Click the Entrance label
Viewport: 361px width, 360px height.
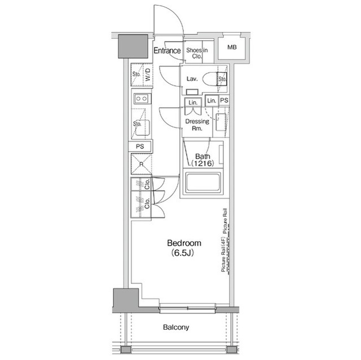pos(167,51)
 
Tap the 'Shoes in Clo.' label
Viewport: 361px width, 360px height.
pos(197,54)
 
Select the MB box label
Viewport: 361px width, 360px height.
pos(232,47)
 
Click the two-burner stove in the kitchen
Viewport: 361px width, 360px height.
pos(140,99)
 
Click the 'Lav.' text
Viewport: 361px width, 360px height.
pos(191,79)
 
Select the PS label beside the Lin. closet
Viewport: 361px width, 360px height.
pos(224,100)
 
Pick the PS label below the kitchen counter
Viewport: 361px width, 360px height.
pos(139,146)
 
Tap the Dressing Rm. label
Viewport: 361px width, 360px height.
pos(197,125)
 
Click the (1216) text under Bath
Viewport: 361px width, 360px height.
pos(202,163)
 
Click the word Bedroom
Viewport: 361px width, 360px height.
pos(184,243)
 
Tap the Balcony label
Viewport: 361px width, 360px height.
pos(177,327)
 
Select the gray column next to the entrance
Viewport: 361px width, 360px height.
pos(133,46)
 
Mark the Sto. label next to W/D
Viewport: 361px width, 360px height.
pos(136,74)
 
